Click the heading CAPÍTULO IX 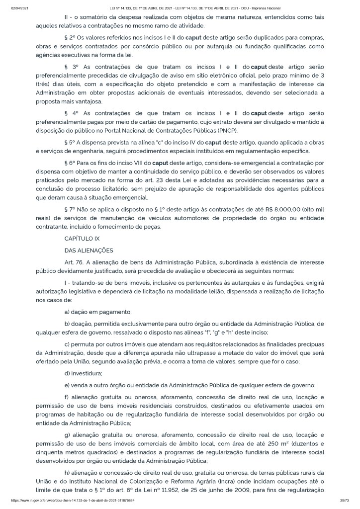[x=82, y=239]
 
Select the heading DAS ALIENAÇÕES [x=89, y=250]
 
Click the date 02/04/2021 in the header [x=19, y=8]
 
